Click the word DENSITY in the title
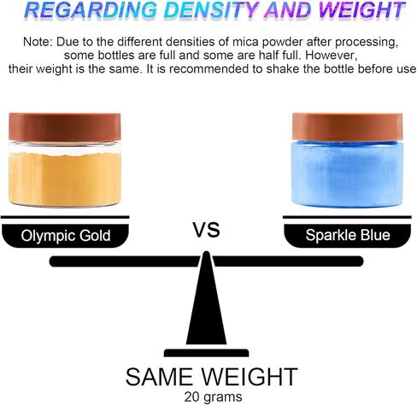pos(213,10)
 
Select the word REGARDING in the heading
pos(91,10)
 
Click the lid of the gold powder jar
pos(65,127)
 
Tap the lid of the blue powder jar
pos(348,126)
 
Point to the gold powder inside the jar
pos(65,179)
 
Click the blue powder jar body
pos(348,173)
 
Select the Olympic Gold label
pos(66,236)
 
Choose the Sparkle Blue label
pos(348,235)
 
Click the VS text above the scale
pos(207,230)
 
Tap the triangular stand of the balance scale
pos(206,298)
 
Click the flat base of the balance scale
pos(206,353)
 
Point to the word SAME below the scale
pos(159,377)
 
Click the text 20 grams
pos(213,396)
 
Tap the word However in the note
pos(331,56)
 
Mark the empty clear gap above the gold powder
pos(65,148)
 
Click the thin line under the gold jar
pos(65,217)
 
